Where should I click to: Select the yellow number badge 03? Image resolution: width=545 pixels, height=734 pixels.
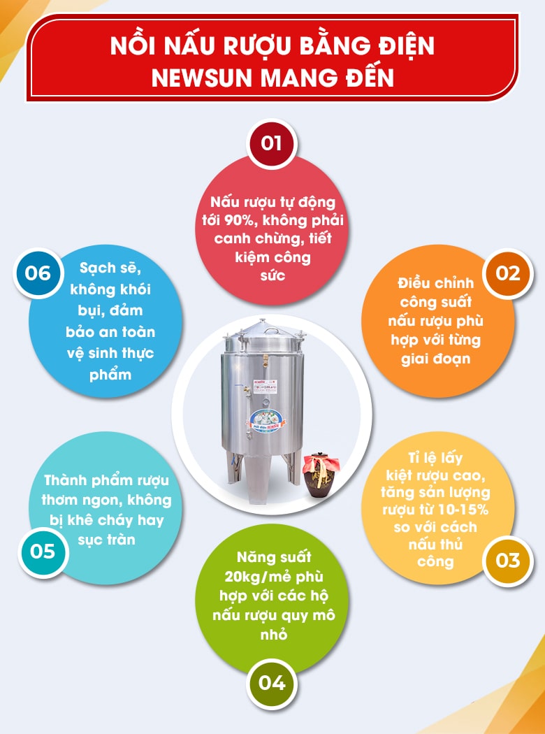tap(508, 560)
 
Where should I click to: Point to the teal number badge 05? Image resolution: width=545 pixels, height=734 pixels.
tap(43, 551)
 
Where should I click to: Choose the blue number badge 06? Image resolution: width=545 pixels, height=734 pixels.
tap(38, 272)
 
